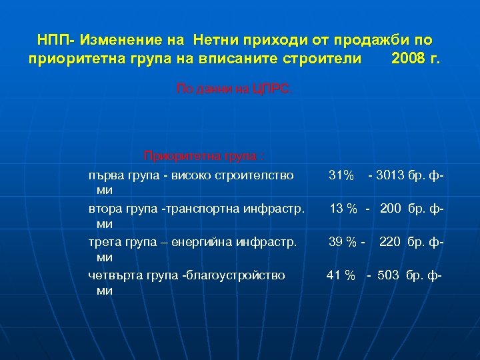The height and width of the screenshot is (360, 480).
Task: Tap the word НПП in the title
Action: pos(51,40)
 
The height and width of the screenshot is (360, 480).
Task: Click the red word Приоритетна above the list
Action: pos(176,157)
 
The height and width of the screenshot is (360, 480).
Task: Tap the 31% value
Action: pos(341,175)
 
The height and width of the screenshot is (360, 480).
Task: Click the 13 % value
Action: pos(345,209)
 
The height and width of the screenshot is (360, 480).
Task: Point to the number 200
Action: pos(392,209)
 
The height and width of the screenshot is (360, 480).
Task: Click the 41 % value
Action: pos(341,275)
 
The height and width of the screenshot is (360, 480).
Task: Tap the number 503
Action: pos(389,275)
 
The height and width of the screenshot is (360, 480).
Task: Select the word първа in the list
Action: pos(106,175)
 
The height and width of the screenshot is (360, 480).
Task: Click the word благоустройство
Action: pos(233,275)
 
